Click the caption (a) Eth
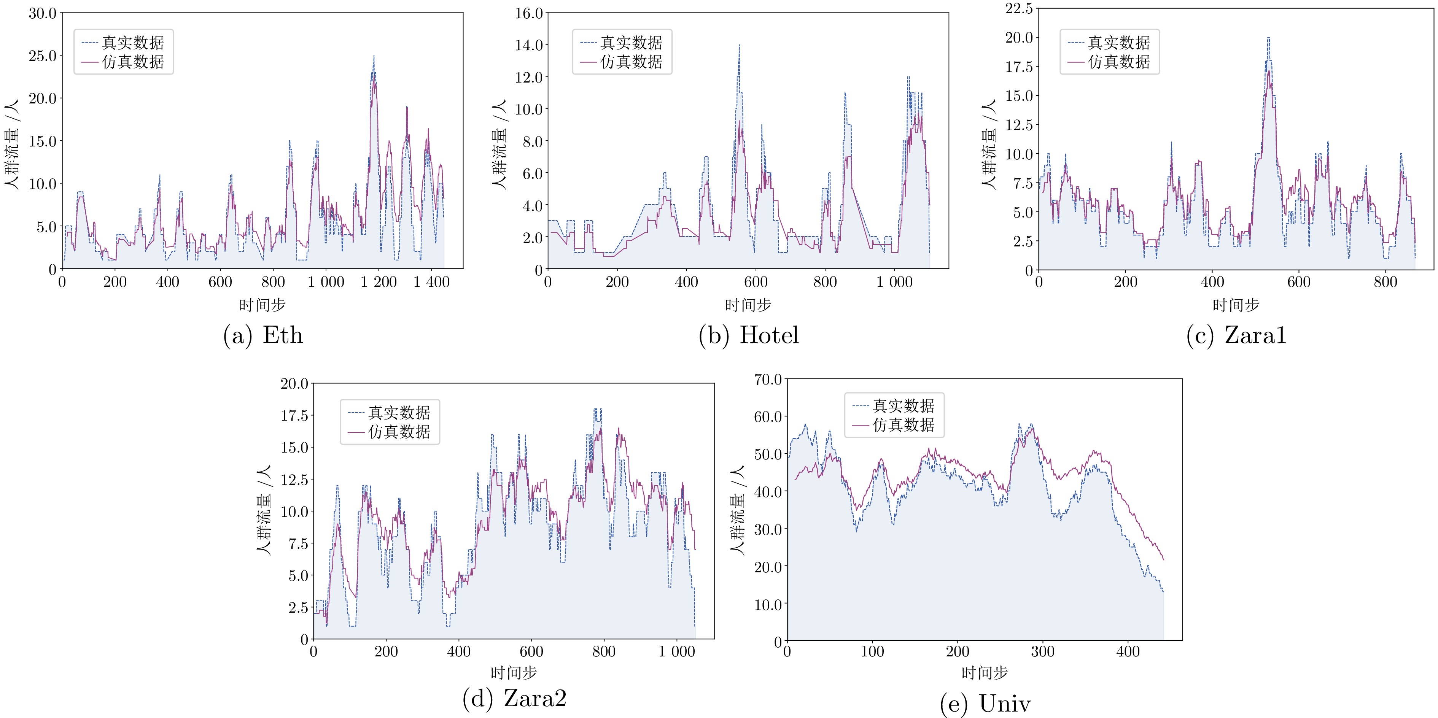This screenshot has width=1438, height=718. coord(263,336)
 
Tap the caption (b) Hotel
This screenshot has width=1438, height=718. coord(749,336)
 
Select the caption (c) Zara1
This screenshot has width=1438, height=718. coord(1236,336)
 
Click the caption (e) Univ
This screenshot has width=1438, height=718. coord(985,704)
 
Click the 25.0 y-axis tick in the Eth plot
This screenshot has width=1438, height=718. coord(43,56)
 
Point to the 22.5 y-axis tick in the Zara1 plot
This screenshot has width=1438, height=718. coord(1019,9)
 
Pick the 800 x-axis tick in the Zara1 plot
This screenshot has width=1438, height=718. coord(1386,282)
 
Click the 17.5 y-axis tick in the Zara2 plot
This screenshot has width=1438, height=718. coord(294,416)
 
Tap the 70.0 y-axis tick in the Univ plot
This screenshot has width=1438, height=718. coord(768,380)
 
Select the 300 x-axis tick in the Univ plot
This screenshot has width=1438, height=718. coord(1042,651)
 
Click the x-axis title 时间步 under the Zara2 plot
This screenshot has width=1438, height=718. coord(514,673)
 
